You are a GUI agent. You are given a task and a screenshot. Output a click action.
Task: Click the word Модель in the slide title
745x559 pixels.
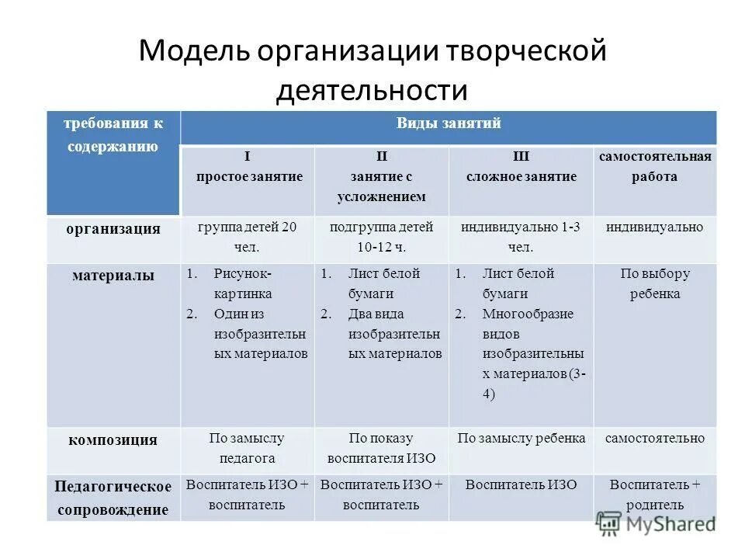194,52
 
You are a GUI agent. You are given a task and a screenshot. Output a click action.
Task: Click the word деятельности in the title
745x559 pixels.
372,91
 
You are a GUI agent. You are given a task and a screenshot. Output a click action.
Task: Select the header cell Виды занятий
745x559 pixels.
449,123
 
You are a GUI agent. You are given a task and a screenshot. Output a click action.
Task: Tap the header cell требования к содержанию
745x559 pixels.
113,135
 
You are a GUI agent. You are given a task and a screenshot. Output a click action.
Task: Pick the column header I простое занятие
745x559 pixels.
249,167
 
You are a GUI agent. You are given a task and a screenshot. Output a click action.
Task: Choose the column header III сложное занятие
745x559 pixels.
521,167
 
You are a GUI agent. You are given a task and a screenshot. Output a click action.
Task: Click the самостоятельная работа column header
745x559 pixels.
654,167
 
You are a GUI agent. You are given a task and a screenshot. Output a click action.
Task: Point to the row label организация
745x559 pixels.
113,229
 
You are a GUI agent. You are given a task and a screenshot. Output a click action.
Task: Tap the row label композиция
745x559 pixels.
113,440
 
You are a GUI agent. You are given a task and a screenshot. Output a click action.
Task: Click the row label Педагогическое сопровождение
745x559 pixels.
113,498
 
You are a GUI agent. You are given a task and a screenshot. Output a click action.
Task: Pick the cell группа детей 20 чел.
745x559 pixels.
248,238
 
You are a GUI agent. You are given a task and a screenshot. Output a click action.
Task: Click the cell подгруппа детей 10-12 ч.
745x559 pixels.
381,238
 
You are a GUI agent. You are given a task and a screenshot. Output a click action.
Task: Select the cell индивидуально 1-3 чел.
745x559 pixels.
521,238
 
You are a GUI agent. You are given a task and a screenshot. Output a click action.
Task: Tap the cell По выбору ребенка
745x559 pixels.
655,283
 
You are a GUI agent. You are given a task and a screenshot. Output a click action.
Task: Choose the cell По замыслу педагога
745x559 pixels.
248,448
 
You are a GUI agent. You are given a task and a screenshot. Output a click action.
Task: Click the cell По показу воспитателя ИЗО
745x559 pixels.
381,448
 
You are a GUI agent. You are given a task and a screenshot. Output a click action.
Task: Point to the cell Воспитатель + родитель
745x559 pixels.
655,495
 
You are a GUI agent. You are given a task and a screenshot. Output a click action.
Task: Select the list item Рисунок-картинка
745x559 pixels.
242,283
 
